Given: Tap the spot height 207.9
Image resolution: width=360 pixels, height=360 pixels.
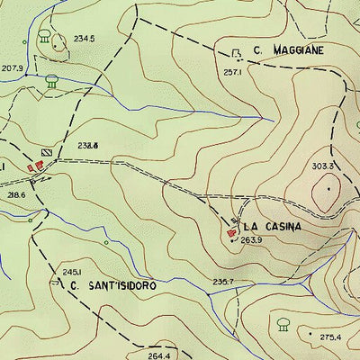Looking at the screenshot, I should [12, 68].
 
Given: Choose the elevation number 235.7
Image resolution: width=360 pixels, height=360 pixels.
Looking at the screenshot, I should [223, 283].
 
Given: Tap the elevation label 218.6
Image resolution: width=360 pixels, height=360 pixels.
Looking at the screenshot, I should [16, 193].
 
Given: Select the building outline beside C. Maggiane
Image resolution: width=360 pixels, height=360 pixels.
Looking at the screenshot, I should [237, 53].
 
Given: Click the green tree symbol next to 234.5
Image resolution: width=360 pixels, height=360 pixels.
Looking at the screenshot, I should [45, 37].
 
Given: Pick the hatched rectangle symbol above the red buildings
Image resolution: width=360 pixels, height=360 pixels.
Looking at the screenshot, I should [47, 152].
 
